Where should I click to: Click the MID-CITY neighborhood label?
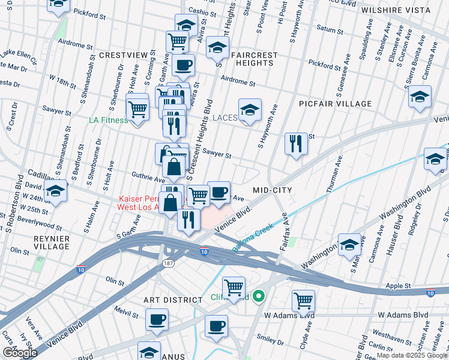click(x=272, y=190)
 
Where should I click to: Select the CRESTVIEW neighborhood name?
click(x=123, y=55)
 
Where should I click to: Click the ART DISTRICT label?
click(x=173, y=299)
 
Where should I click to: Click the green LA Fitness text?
click(x=108, y=120)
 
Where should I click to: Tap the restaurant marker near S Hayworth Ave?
click(x=296, y=143)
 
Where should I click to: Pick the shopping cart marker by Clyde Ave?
click(x=304, y=300)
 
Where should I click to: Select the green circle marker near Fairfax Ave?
click(x=259, y=296)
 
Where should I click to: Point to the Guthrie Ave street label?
click(x=148, y=179)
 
